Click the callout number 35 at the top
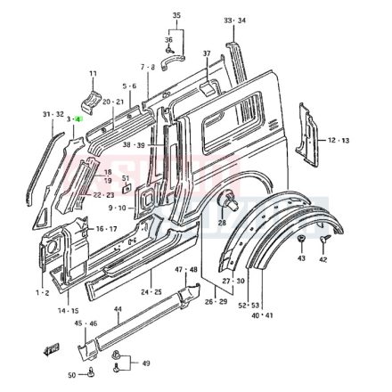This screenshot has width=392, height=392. (x=176, y=15)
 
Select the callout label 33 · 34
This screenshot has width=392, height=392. (x=235, y=20)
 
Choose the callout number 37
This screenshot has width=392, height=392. (x=207, y=54)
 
